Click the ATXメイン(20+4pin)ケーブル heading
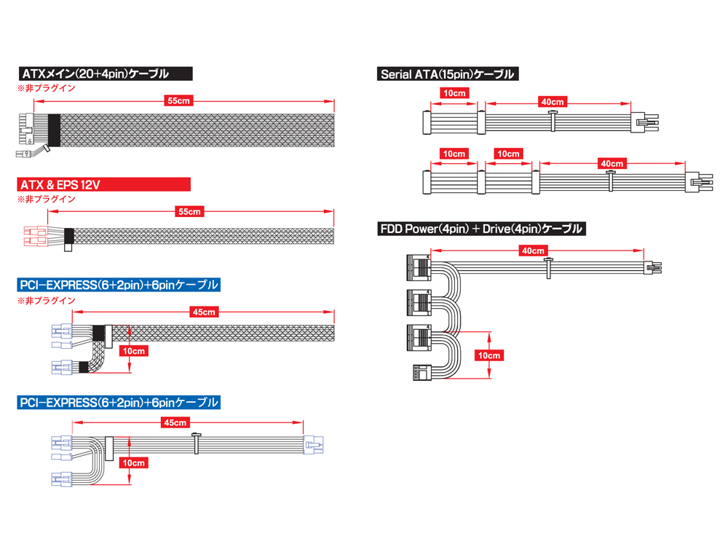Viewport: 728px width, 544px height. coord(105,74)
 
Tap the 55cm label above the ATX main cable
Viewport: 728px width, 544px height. coord(179,100)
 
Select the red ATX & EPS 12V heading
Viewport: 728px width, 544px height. coord(104,184)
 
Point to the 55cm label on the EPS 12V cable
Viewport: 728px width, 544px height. coord(190,211)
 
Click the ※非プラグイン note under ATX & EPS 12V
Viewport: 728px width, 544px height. coord(47,200)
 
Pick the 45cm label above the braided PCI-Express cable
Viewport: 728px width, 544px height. coord(204,312)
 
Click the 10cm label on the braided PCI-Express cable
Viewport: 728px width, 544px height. coord(134,351)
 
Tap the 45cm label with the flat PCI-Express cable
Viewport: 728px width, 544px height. coord(175,422)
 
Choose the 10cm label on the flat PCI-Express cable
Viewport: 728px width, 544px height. coord(134,462)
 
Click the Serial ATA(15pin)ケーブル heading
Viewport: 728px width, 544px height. coord(448,74)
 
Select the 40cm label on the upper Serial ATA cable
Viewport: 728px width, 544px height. coord(553,101)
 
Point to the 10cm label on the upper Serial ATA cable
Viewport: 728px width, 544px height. coord(454,93)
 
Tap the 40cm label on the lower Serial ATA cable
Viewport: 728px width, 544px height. coord(612,163)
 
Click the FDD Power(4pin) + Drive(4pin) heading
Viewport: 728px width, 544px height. coord(481,229)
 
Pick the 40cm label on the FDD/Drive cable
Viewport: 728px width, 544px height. coord(533,251)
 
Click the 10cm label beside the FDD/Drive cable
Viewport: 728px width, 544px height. coord(489,355)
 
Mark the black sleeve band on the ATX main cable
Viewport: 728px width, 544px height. coord(55,130)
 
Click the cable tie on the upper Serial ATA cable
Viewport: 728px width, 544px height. coord(553,121)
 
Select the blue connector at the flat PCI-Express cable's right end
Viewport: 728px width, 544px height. coord(313,444)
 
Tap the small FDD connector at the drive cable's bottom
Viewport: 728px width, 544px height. coord(422,372)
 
